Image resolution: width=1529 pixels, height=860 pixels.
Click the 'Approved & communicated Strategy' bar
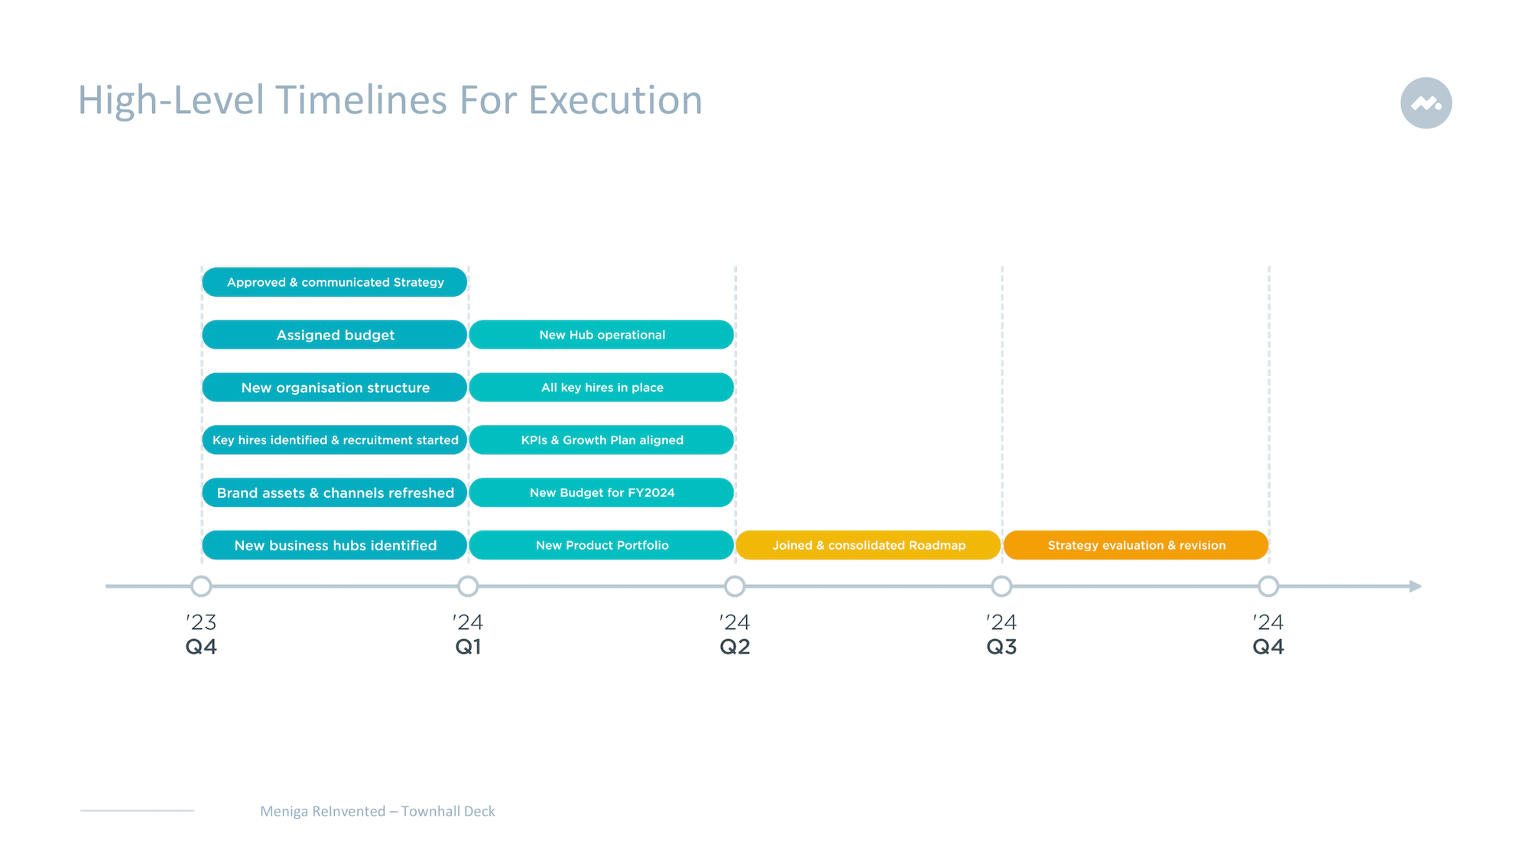coord(335,282)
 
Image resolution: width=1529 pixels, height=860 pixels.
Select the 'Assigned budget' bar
coord(335,335)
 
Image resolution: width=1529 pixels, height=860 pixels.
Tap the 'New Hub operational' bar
coord(602,335)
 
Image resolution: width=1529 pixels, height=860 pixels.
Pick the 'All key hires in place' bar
coord(602,388)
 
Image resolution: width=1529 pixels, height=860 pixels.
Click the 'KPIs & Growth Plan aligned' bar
coord(602,440)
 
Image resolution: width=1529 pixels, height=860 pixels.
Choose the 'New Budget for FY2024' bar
coord(602,492)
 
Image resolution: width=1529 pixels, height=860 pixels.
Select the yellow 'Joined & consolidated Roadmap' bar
coord(868,545)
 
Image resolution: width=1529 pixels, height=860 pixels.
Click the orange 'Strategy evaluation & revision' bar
coord(1136,545)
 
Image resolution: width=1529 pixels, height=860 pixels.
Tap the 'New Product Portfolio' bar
coord(602,545)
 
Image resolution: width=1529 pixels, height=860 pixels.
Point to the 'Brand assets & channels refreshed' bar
coord(335,492)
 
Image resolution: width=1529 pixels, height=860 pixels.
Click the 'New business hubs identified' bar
coord(335,545)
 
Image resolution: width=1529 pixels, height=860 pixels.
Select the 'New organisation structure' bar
coord(335,388)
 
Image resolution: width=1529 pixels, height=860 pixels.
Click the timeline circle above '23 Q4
coord(201,586)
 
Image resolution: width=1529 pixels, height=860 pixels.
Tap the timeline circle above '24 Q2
coord(735,586)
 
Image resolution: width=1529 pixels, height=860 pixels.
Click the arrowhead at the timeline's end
coord(1415,586)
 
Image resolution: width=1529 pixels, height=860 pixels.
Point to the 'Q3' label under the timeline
coord(1001,647)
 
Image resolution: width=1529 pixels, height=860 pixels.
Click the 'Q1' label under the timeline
coord(468,647)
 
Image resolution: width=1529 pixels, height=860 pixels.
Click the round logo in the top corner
coord(1426,103)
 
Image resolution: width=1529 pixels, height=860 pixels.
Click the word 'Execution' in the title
coord(615,100)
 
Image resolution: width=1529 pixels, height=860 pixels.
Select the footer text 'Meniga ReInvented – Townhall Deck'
coord(378,811)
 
